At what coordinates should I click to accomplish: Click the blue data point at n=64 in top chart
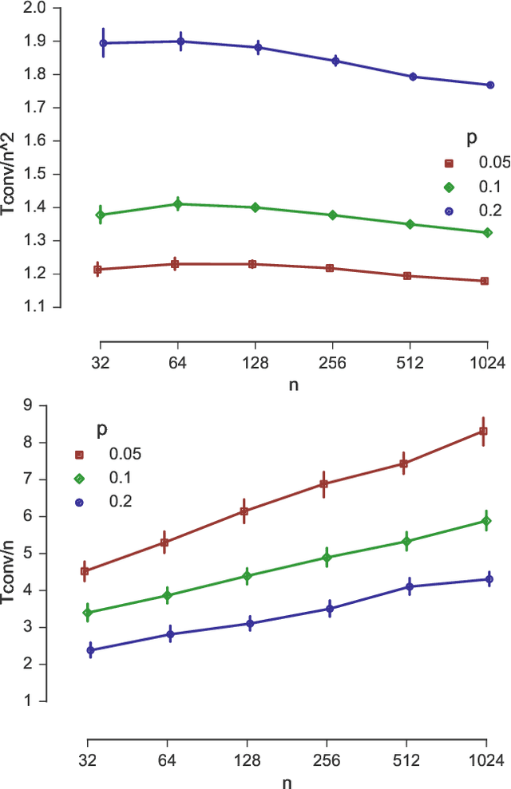[180, 41]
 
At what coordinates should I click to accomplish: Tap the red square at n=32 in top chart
[98, 270]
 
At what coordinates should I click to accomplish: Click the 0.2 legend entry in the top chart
[488, 210]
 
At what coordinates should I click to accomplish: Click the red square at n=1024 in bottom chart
[483, 432]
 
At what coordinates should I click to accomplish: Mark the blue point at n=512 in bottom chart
[410, 587]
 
